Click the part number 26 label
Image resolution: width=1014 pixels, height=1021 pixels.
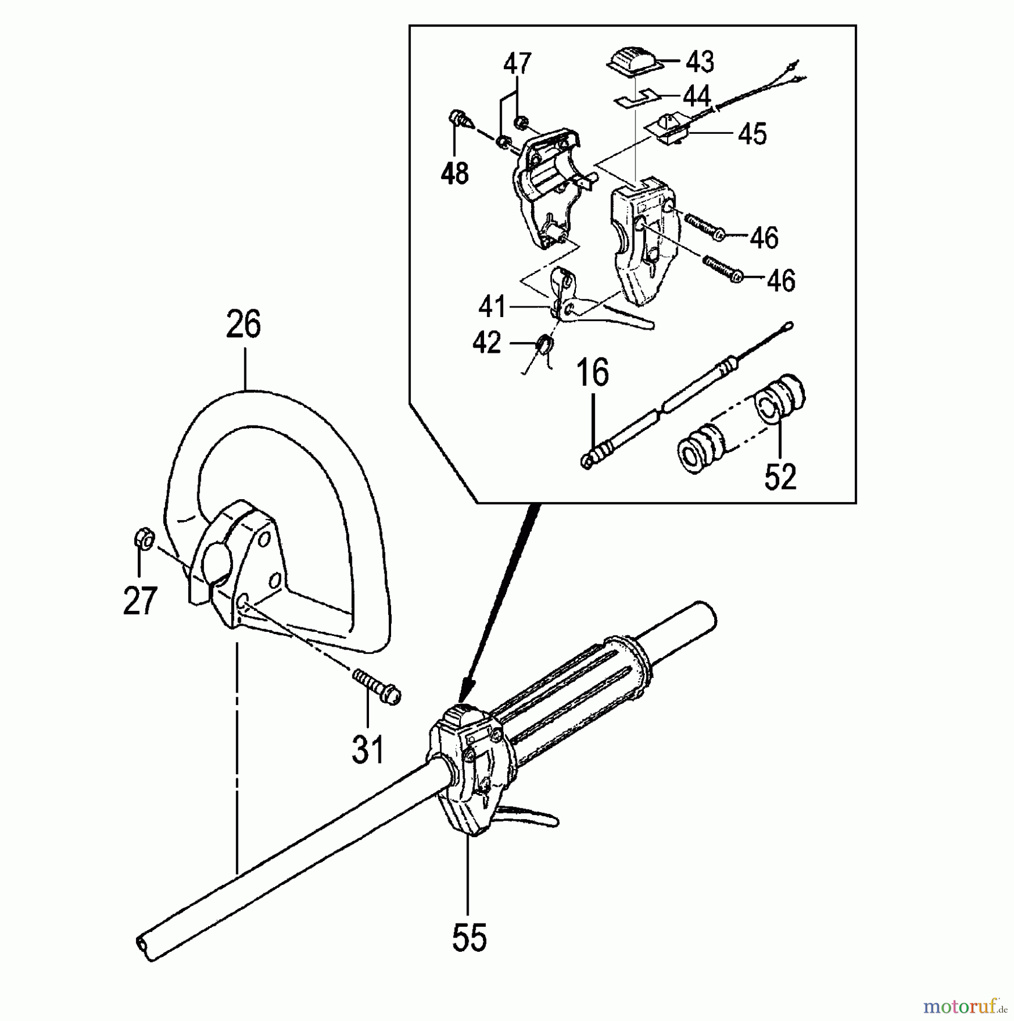[244, 324]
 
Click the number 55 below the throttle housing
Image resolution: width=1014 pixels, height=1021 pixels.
[469, 937]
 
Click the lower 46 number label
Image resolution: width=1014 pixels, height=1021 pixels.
[780, 281]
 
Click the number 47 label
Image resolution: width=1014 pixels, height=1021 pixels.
[517, 63]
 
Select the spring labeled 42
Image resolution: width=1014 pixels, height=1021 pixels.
[544, 344]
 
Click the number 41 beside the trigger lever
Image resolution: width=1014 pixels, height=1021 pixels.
[491, 307]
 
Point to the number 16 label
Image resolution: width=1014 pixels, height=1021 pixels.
[593, 373]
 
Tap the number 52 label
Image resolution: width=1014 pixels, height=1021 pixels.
[780, 476]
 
